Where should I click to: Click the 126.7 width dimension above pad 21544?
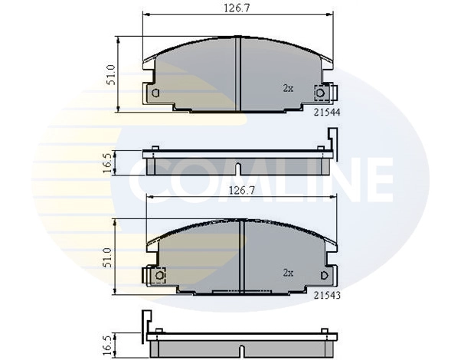point(237,8)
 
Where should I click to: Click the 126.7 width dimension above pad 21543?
point(242,191)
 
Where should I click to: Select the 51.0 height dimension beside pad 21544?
point(111,75)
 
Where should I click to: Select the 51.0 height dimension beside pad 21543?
point(107,257)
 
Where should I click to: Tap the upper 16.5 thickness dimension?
point(108,162)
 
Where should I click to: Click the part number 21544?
point(327,112)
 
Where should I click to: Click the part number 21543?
point(327,295)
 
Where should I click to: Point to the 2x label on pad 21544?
point(288,88)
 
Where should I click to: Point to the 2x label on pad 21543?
point(288,273)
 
